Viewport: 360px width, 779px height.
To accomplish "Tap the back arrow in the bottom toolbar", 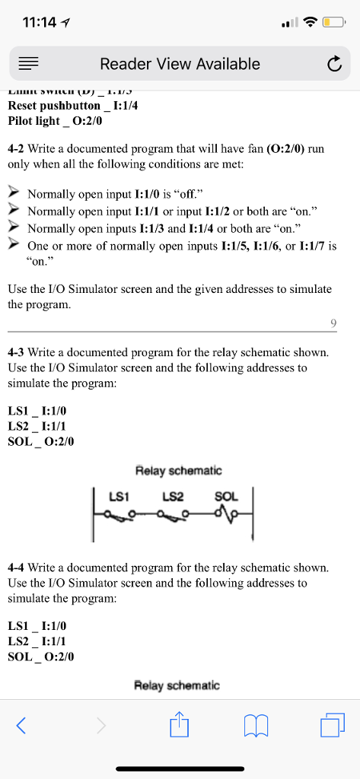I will (21, 726).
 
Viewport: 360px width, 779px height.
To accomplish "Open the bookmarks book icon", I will (256, 726).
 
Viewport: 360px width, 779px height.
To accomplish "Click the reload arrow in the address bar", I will (334, 65).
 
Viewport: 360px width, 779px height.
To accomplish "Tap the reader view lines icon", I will (27, 65).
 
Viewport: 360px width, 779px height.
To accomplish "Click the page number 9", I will (333, 324).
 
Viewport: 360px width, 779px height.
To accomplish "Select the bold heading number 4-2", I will (18, 149).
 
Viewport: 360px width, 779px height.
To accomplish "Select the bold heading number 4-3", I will (18, 353).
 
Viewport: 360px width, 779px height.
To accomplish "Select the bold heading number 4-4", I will (18, 568).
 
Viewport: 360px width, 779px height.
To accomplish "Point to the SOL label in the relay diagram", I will (226, 497).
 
